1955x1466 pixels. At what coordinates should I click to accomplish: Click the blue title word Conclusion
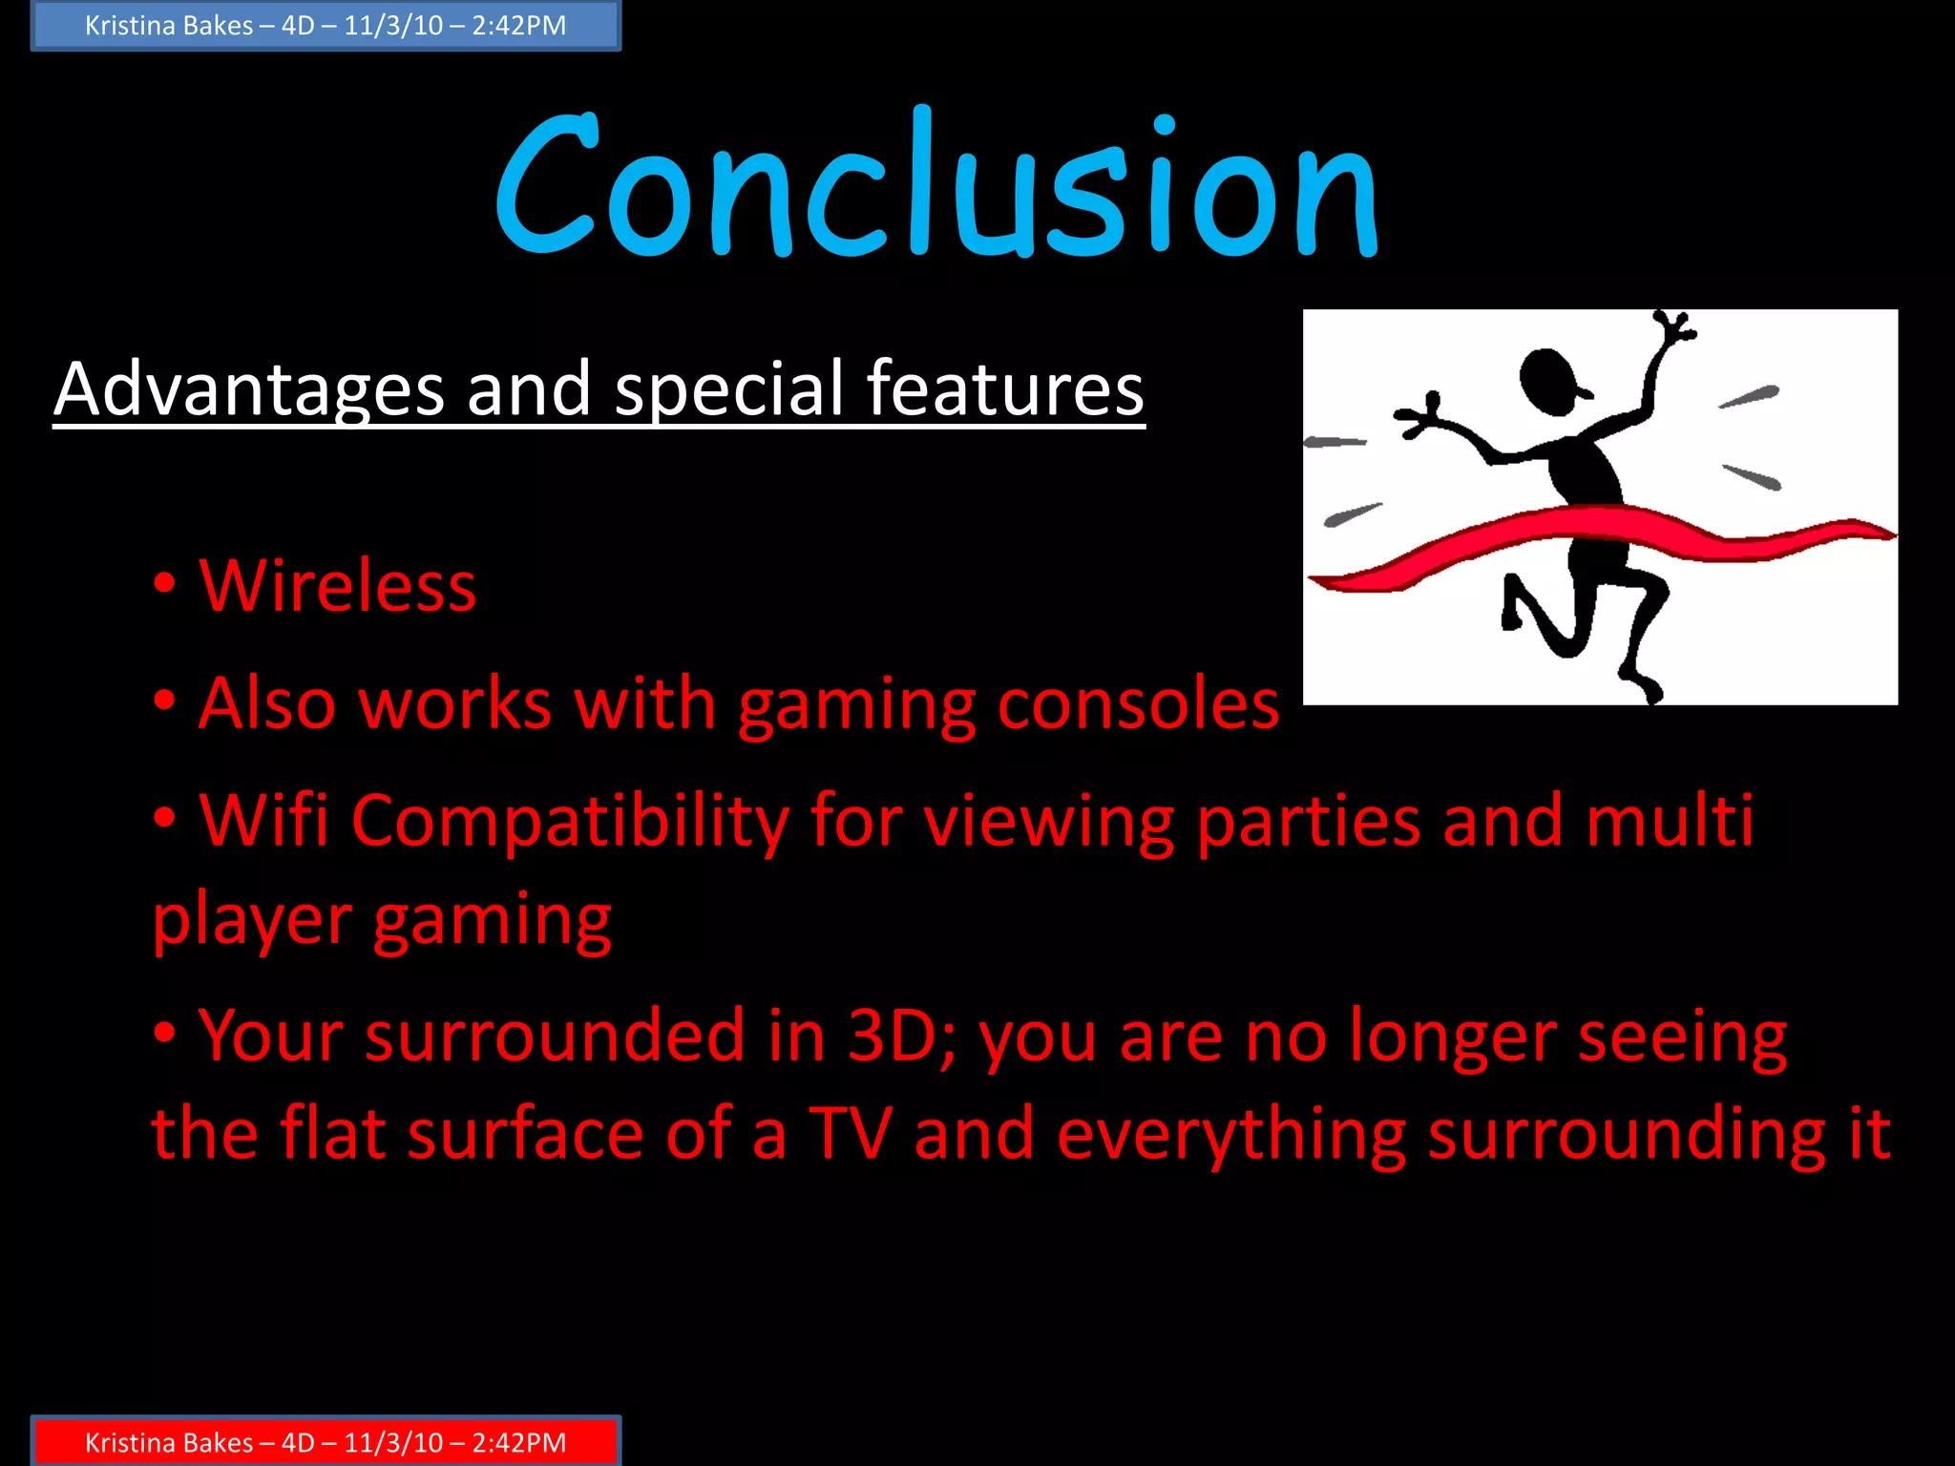tap(935, 186)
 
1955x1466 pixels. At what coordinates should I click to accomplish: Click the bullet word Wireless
tap(337, 586)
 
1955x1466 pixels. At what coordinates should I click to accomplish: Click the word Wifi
tap(263, 821)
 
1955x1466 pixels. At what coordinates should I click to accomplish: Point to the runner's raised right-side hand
tap(1672, 329)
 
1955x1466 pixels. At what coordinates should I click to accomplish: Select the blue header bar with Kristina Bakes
tap(326, 26)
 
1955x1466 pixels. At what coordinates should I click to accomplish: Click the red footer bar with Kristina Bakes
tap(326, 1442)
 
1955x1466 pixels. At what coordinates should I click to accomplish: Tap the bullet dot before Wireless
tap(164, 584)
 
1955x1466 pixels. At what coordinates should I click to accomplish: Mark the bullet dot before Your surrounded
tap(164, 1033)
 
